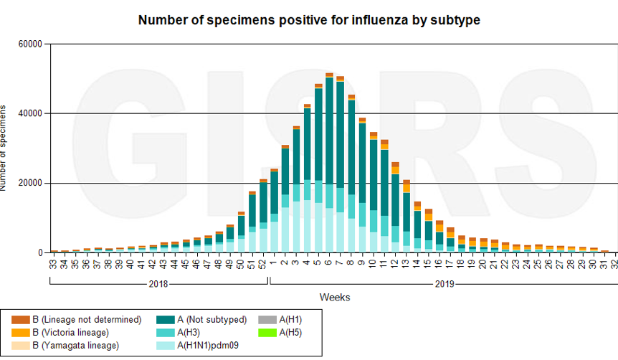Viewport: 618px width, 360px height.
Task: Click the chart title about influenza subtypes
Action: (x=308, y=20)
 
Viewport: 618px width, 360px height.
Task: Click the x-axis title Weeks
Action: (x=335, y=296)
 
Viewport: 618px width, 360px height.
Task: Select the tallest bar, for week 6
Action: (x=329, y=165)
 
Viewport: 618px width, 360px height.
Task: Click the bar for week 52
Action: (x=263, y=215)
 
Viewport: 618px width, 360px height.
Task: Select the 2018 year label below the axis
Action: (x=158, y=283)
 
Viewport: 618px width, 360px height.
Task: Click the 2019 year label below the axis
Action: (x=445, y=283)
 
